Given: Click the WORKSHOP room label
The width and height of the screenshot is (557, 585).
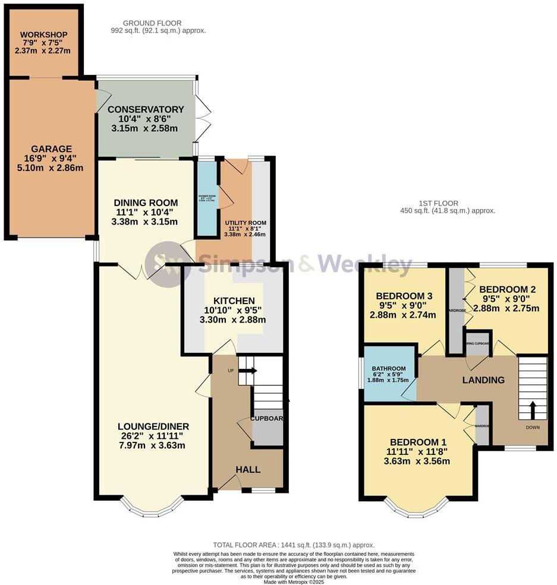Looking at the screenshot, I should point(45,33).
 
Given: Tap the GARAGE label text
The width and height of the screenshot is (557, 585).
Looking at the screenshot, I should point(52,149).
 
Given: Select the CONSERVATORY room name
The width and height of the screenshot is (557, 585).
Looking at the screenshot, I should point(146,109).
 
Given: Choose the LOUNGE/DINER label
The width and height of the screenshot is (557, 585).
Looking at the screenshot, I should point(153,426).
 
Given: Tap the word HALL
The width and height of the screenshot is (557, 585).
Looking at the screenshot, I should point(248,469).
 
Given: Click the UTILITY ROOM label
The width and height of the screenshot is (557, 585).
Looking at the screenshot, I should point(245,223).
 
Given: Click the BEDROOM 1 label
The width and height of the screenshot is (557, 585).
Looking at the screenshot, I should point(418,442).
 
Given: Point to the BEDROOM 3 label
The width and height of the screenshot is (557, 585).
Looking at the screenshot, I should point(404,296).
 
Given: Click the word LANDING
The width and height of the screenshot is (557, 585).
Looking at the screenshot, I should point(484,380).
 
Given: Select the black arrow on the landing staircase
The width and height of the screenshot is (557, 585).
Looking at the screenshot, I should point(532,410).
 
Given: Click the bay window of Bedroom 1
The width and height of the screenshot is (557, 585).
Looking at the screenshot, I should point(416,507).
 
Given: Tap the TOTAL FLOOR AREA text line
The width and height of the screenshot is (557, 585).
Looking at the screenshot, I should point(294,545).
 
